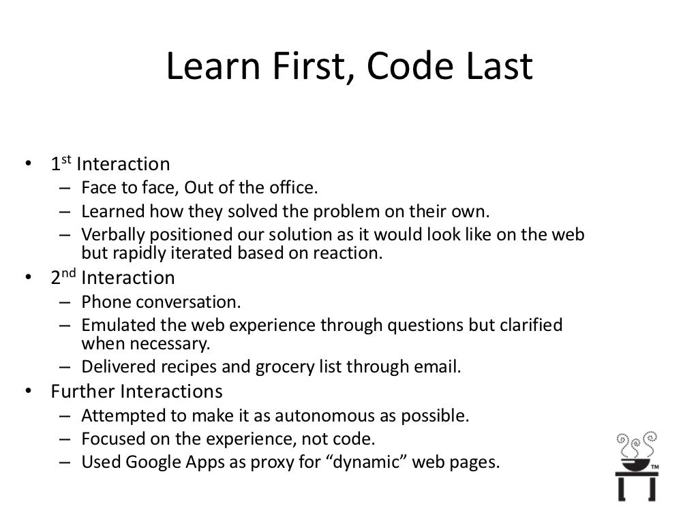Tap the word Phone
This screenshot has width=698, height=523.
pyautogui.click(x=102, y=301)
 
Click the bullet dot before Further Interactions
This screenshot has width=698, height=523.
pyautogui.click(x=28, y=392)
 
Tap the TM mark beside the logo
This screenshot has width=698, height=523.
pyautogui.click(x=655, y=467)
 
